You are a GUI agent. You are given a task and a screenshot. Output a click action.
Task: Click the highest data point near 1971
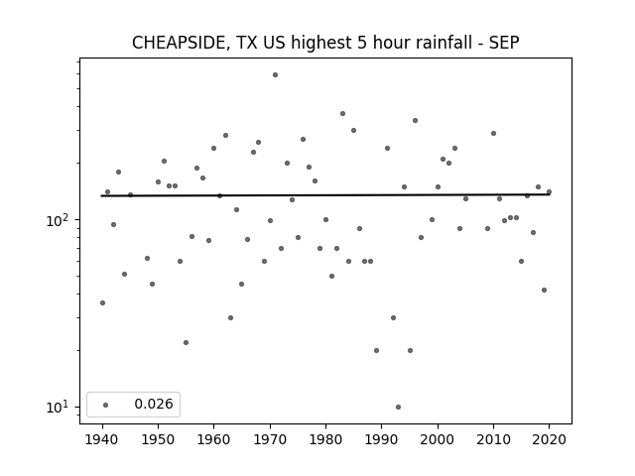[276, 75]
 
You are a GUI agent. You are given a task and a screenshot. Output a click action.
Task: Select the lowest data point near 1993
[399, 408]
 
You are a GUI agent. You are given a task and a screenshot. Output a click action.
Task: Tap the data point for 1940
[102, 302]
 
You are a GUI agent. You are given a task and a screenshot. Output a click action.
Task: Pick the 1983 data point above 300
[342, 114]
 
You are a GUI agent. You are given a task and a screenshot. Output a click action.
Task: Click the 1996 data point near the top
[415, 121]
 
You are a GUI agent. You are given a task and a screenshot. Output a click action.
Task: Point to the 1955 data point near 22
[186, 342]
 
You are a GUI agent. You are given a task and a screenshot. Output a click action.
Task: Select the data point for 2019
[544, 290]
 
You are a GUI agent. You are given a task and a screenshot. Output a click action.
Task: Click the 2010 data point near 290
[493, 133]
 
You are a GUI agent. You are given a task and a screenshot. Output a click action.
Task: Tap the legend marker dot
[106, 405]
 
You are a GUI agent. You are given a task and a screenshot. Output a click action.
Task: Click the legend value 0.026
[154, 404]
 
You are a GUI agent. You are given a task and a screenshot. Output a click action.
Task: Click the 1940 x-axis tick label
[102, 439]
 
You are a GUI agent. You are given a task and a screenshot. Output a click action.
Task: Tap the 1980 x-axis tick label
[325, 439]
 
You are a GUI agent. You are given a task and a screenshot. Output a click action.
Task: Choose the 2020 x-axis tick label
[549, 439]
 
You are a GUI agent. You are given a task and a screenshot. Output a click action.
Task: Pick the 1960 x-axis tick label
[214, 439]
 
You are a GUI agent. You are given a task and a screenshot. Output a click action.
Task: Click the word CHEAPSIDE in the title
[181, 43]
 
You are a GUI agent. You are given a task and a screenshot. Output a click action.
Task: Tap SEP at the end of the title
[504, 43]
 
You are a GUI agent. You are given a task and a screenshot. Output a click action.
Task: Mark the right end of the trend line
[549, 194]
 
